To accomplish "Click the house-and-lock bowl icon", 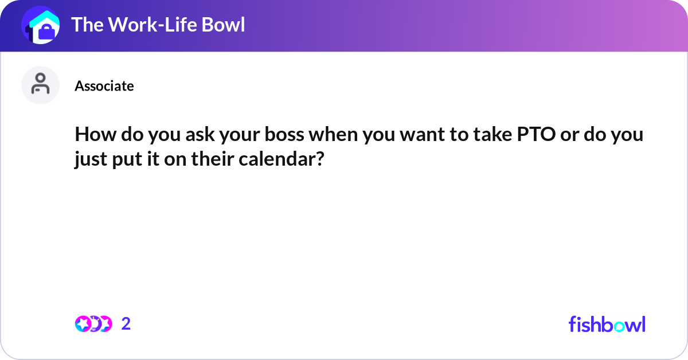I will pos(40,25).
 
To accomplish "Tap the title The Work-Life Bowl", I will pos(158,25).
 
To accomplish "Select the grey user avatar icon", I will pos(40,85).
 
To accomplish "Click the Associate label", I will pos(104,86).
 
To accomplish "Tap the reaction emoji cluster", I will pos(93,324).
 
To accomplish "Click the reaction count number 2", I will pos(126,324).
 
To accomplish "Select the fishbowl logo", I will pos(607,324).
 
